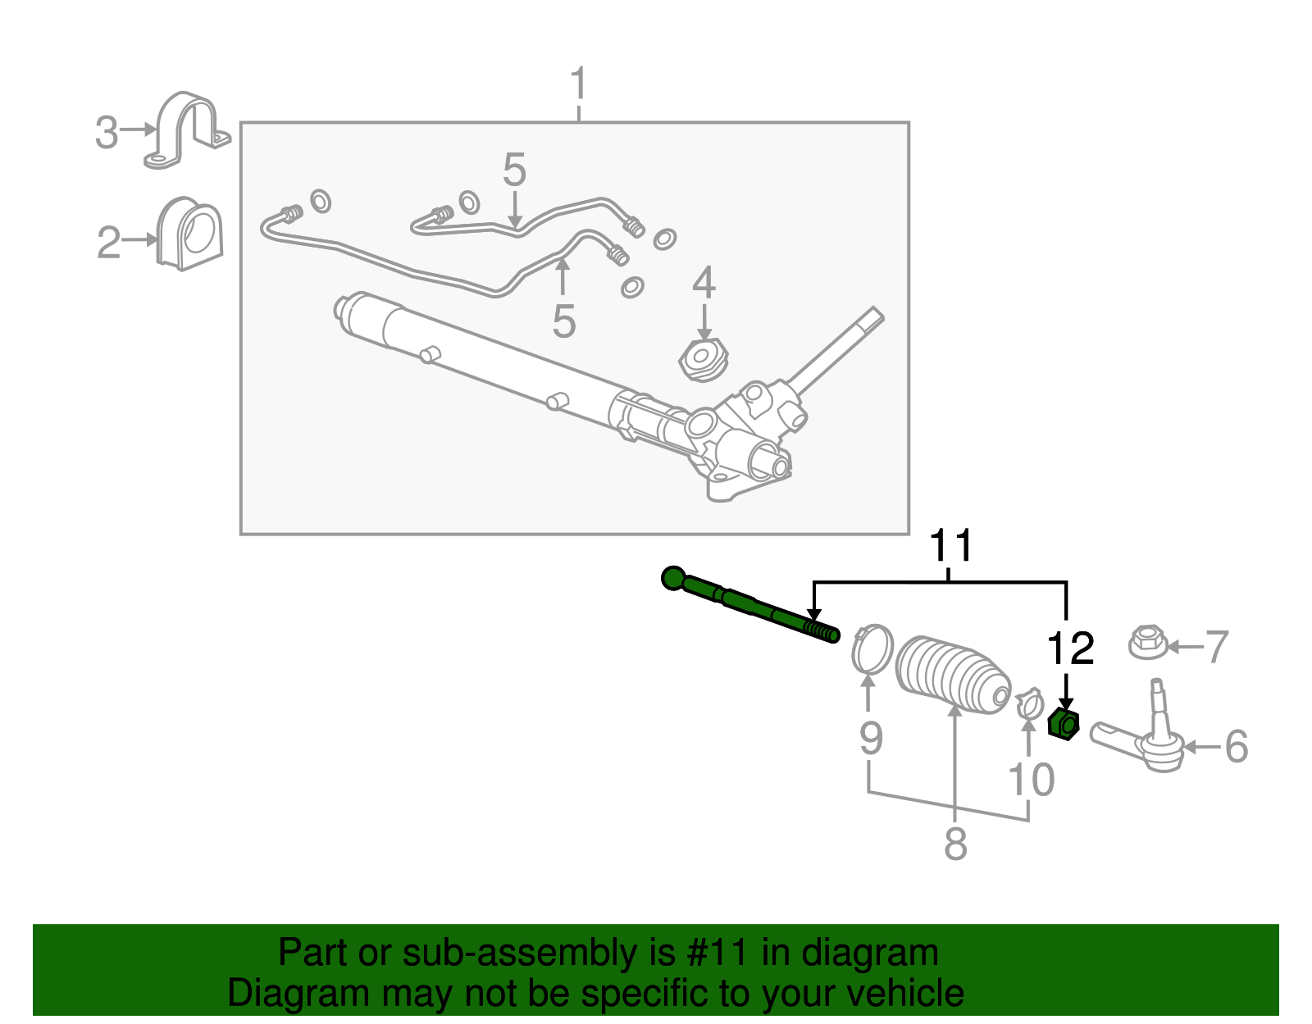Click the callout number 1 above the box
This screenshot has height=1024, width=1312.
click(x=579, y=84)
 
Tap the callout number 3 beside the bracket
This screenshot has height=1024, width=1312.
click(x=107, y=132)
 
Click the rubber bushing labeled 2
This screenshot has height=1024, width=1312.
click(x=190, y=233)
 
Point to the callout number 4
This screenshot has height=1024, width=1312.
click(x=704, y=283)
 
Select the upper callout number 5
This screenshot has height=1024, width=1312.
click(x=514, y=170)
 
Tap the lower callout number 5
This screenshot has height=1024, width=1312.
click(x=563, y=321)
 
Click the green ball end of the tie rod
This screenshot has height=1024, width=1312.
click(x=672, y=578)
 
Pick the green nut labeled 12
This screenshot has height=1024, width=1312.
click(x=1064, y=724)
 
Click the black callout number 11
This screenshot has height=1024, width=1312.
click(x=951, y=545)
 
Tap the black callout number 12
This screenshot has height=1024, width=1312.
click(x=1071, y=649)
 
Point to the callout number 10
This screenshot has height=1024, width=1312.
click(x=1031, y=780)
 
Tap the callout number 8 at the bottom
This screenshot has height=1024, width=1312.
click(x=955, y=844)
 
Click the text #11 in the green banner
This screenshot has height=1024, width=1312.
click(x=722, y=953)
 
